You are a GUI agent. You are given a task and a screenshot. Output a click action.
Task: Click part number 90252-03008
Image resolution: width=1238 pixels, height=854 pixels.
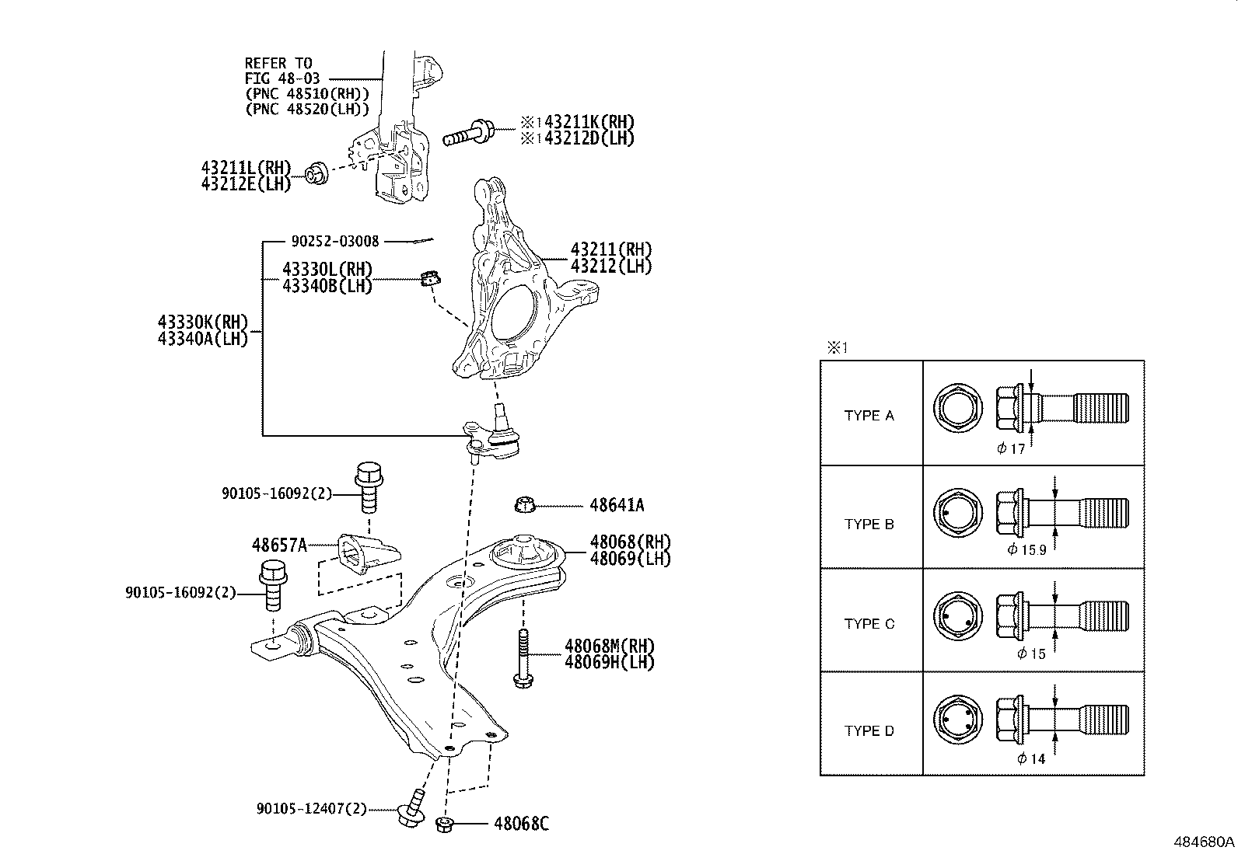tap(335, 241)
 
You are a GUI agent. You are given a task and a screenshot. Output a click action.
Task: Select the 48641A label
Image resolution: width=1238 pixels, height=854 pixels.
tap(617, 505)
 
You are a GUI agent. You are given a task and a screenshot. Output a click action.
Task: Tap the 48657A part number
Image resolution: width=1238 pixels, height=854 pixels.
tap(279, 546)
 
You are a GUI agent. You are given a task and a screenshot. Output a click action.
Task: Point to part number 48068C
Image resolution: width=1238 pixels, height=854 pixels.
tap(521, 824)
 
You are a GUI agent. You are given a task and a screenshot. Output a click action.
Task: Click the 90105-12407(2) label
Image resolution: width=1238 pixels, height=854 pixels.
tap(312, 809)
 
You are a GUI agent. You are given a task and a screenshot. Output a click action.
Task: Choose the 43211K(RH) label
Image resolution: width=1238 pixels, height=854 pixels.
tap(589, 122)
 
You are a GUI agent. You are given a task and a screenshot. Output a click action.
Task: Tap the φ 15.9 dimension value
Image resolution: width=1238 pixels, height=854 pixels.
tap(1027, 549)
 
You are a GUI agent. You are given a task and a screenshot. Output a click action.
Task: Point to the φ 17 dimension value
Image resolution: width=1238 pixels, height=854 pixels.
tap(1011, 448)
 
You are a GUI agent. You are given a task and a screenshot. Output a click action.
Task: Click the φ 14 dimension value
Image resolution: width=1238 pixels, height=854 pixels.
tap(1031, 758)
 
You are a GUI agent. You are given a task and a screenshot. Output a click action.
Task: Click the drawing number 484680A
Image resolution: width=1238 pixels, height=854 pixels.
tap(1204, 842)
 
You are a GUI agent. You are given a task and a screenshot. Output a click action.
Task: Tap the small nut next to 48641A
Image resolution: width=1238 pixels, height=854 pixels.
tap(524, 504)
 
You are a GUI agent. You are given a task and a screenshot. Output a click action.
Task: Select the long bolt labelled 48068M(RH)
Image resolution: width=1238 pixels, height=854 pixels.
tap(523, 658)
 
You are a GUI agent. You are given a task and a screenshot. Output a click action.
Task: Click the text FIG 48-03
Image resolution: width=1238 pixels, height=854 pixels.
tap(282, 78)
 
